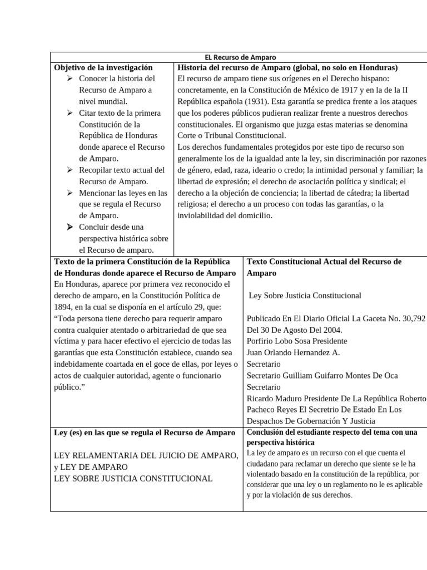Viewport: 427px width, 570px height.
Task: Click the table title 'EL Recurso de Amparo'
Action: [x=240, y=57]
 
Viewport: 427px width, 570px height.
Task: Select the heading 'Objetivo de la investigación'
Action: [x=103, y=67]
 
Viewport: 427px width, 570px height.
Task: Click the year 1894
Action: [x=64, y=307]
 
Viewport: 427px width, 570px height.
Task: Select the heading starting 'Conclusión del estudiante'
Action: [x=331, y=432]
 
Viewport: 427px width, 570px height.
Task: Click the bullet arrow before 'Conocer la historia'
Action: [x=70, y=78]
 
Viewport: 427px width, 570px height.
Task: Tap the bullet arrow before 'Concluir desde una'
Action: [x=70, y=227]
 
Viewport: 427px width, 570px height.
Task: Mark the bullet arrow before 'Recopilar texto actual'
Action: [x=70, y=170]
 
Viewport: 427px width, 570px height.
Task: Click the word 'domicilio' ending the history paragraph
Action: [x=253, y=215]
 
